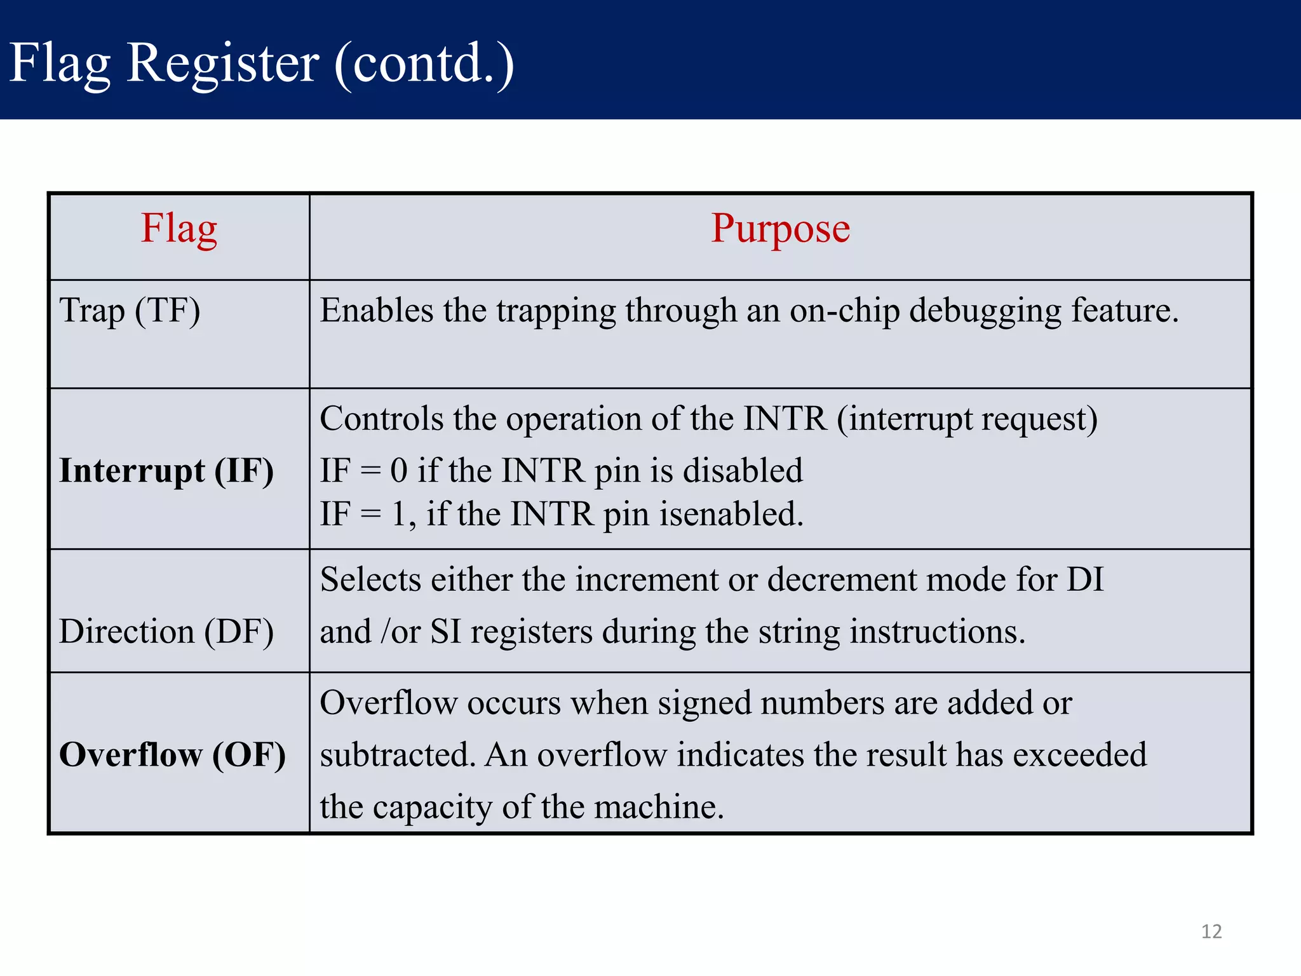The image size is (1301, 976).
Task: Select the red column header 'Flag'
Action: tap(179, 229)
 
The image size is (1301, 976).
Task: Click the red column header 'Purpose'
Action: tap(780, 229)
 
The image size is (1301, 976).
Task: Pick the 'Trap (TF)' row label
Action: tap(130, 311)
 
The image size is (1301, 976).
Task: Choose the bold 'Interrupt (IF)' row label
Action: tap(166, 471)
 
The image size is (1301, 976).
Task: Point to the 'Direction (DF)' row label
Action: tap(166, 632)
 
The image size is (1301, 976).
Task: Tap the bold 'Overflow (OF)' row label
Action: tap(172, 755)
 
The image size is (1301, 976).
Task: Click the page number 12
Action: tap(1211, 932)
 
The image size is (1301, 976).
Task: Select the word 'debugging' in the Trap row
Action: tap(985, 311)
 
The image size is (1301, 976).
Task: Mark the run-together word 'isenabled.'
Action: tap(731, 514)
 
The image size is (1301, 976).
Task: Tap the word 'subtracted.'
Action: tap(398, 755)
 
